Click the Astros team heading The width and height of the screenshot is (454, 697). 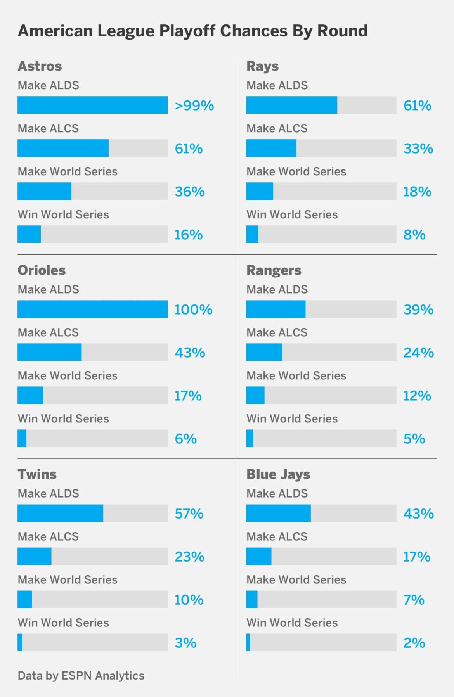coord(40,66)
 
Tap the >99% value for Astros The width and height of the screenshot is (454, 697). coord(194,106)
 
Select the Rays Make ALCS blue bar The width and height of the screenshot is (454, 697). coord(271,148)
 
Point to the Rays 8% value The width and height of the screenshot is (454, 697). coord(414,235)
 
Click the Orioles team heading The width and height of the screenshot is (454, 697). coord(42,270)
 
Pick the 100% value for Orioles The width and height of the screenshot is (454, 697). coord(193,310)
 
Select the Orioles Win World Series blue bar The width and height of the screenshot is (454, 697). coord(22,438)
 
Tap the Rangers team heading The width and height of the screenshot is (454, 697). coord(274,270)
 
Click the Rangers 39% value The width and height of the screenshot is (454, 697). coord(418,310)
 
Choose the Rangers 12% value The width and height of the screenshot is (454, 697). coord(417,396)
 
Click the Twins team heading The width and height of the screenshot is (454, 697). coord(37,474)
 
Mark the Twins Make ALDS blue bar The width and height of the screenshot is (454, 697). coord(61,513)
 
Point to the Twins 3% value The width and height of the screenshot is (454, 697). coord(185,643)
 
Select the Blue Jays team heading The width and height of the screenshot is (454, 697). coord(278,474)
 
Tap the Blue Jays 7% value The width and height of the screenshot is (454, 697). coord(414,600)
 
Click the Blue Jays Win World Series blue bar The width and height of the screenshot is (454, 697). coord(248,642)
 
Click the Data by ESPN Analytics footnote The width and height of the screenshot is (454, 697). coord(81,675)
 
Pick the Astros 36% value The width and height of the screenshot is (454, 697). coord(189,192)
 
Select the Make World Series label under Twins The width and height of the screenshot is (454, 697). coord(68,579)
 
